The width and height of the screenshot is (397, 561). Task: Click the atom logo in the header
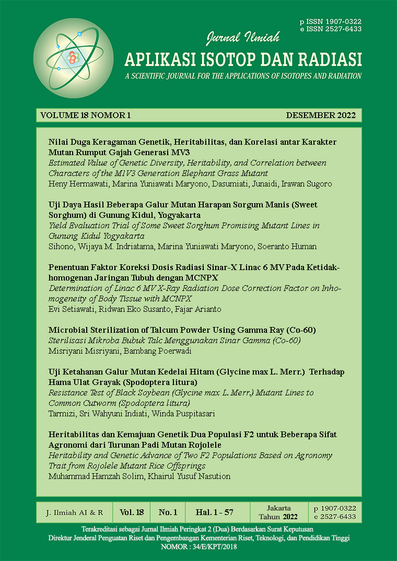(66, 57)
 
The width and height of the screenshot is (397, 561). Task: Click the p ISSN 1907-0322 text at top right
(331, 21)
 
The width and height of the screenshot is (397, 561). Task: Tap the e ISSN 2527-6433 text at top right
(331, 29)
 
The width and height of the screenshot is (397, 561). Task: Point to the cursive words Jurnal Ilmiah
(243, 38)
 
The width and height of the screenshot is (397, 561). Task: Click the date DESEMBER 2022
(321, 115)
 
